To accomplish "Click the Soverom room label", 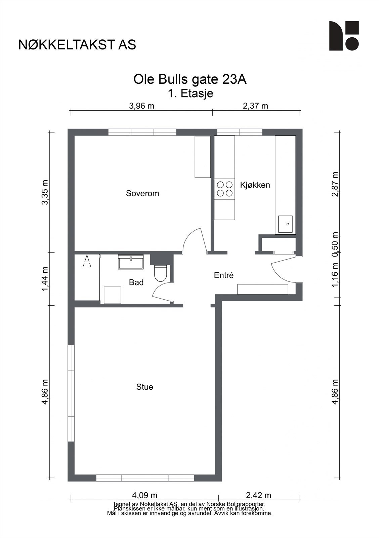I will click(x=142, y=193).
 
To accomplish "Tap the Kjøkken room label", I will click(x=255, y=185).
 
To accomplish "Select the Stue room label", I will click(x=144, y=387).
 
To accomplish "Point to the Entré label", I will click(x=224, y=275).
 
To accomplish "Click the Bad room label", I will click(x=136, y=282).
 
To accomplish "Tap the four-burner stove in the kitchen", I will click(x=224, y=189).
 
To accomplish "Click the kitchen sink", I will click(x=285, y=224).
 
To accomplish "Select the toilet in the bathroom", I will click(x=160, y=273).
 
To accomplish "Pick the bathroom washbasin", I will click(x=131, y=262).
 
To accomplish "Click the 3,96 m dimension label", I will click(x=141, y=106).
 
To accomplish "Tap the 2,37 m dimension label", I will click(x=255, y=106).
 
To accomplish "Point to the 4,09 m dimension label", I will click(x=144, y=495).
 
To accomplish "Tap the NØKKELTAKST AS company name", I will click(x=77, y=45).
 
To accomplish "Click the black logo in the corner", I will click(x=344, y=36).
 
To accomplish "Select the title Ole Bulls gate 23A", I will click(x=190, y=80).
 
